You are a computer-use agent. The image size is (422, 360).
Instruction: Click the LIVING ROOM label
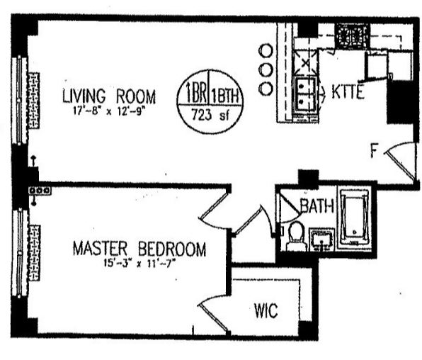(x=108, y=96)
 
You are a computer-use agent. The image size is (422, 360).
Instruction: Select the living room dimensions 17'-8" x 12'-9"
(x=108, y=110)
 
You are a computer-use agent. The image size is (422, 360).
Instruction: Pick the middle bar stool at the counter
(x=266, y=70)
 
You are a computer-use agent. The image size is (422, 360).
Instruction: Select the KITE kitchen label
(x=346, y=92)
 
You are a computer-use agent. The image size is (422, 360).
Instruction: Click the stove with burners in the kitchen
(x=350, y=35)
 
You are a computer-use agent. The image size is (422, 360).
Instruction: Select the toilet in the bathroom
(x=295, y=235)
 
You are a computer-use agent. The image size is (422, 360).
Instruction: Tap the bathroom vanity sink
(x=324, y=240)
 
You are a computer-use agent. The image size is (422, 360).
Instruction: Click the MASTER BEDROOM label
(x=140, y=249)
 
